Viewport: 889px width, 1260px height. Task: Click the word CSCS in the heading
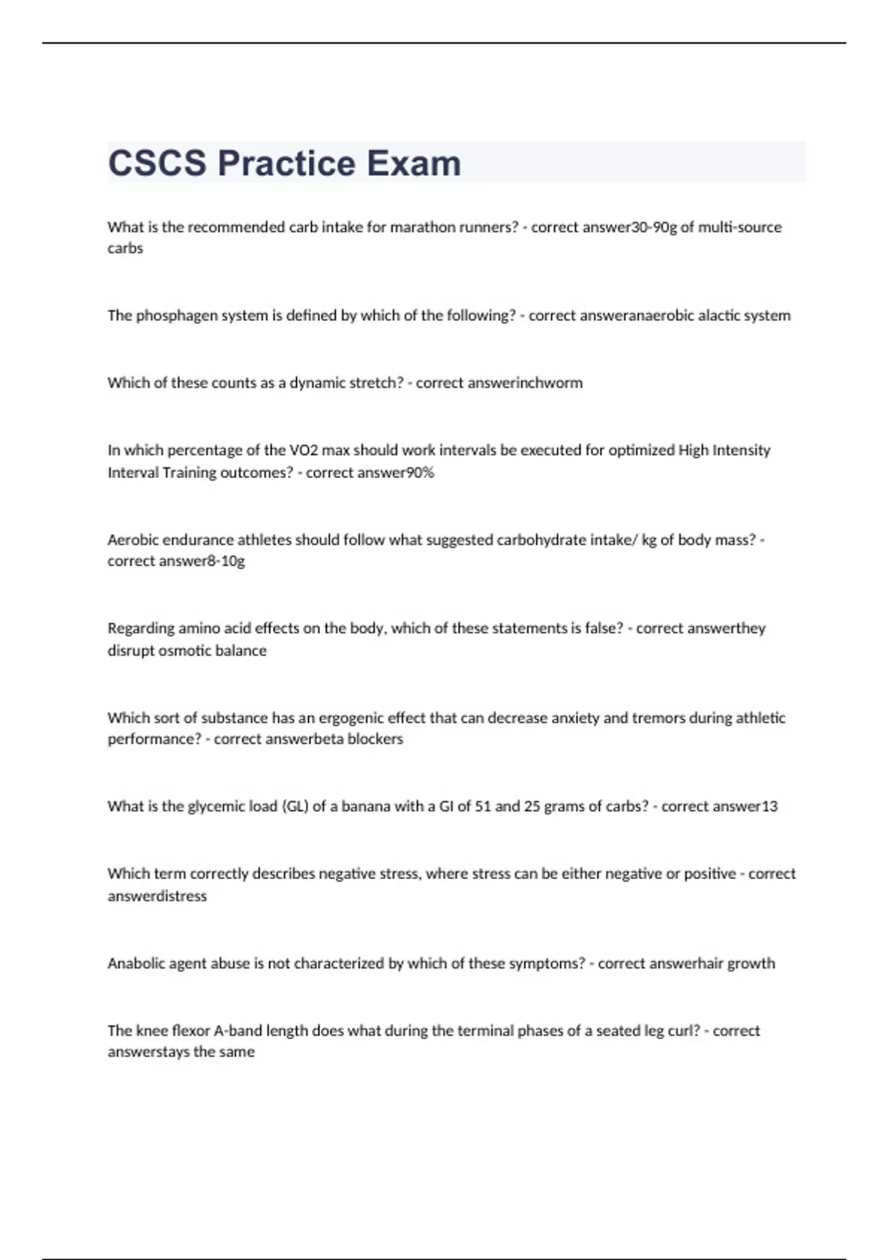(x=157, y=163)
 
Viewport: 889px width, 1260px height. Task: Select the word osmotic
(x=185, y=651)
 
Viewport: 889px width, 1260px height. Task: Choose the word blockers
(x=375, y=739)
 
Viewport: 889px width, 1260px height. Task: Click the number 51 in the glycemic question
(x=482, y=806)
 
